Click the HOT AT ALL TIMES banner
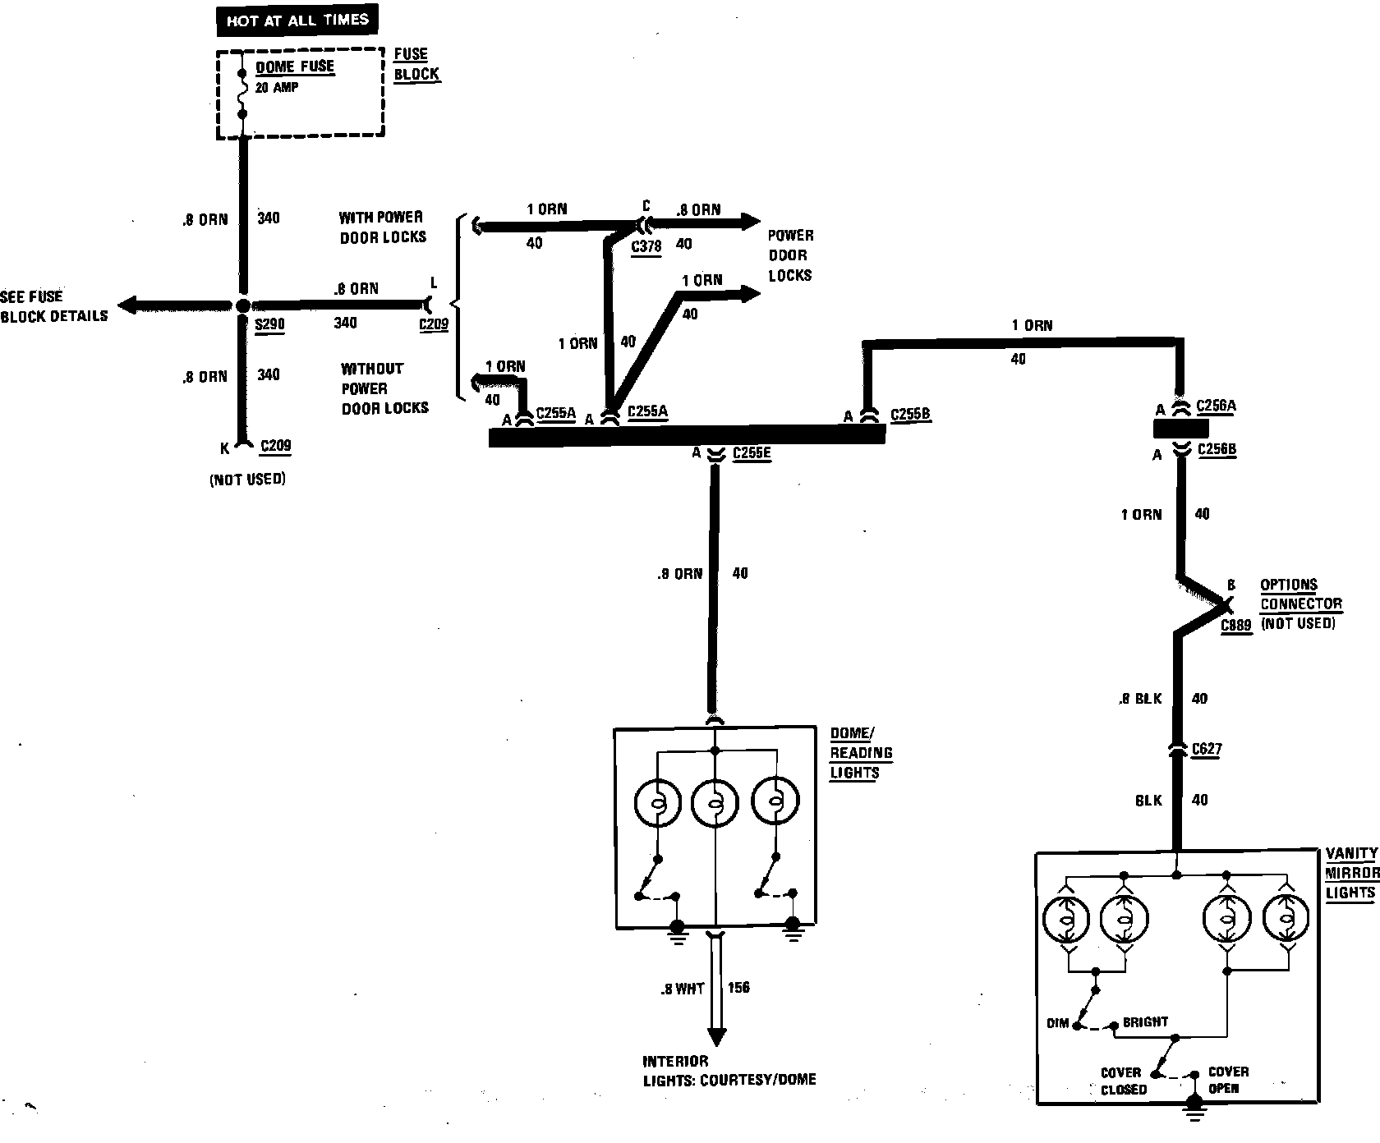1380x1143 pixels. (x=297, y=21)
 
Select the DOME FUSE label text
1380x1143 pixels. (x=295, y=67)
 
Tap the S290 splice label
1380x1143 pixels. (x=269, y=324)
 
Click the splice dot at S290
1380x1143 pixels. (x=242, y=306)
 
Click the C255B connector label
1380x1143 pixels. (x=910, y=415)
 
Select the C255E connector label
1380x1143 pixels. (x=752, y=453)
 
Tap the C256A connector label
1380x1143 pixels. (x=1216, y=406)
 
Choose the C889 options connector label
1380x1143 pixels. (x=1235, y=626)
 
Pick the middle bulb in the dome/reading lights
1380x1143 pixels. (x=715, y=802)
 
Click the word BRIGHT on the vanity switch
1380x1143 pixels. (x=1145, y=1022)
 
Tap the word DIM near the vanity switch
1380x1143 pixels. (x=1058, y=1023)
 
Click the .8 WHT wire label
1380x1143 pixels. (x=682, y=989)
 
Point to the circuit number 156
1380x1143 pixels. (x=738, y=988)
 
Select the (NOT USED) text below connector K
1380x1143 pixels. (x=247, y=480)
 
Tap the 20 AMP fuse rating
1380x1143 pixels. (x=276, y=87)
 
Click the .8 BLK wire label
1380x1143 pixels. (x=1140, y=699)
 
